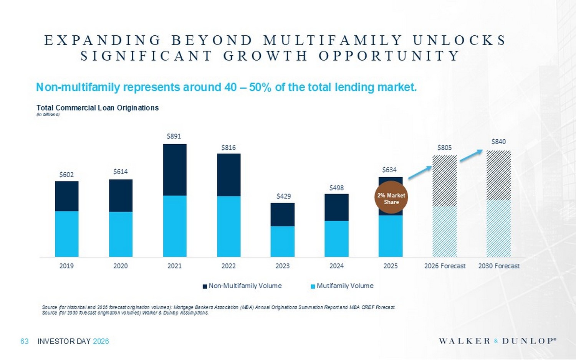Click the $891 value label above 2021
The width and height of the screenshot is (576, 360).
click(x=174, y=136)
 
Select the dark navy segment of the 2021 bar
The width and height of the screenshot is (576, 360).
click(x=175, y=170)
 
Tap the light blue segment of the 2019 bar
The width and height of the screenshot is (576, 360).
click(x=67, y=234)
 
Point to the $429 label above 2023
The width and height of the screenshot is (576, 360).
click(x=283, y=196)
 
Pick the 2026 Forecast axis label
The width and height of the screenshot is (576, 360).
click(x=445, y=266)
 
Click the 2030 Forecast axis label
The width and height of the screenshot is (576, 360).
click(x=498, y=266)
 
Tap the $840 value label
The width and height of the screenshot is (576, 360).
click(x=498, y=142)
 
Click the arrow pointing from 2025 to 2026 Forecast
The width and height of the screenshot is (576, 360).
click(x=420, y=172)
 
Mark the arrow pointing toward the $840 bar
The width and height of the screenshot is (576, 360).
click(x=471, y=155)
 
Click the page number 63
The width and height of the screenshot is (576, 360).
click(x=25, y=341)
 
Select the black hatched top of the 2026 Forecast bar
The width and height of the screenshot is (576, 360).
click(x=445, y=181)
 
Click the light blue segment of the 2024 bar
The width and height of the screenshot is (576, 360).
click(x=336, y=238)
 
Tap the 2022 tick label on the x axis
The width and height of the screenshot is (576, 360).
click(x=228, y=266)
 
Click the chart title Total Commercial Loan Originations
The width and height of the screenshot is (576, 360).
click(x=98, y=108)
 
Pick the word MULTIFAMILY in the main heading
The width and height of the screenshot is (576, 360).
click(x=333, y=40)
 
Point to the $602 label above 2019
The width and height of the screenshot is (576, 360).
click(x=66, y=175)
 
